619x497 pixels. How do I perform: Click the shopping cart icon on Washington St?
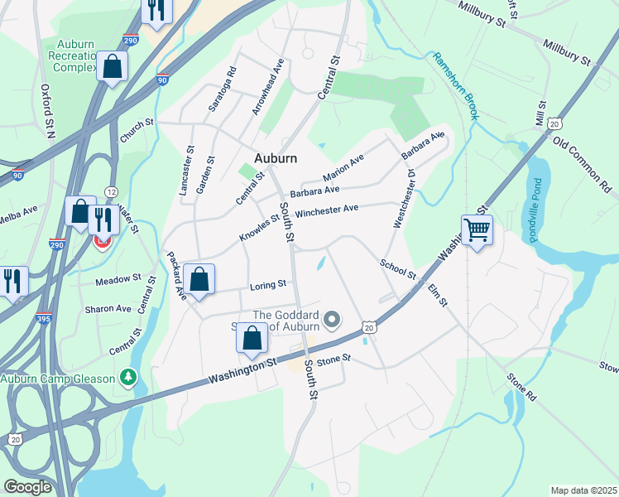[x=477, y=229]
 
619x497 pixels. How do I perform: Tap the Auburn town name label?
[x=275, y=157]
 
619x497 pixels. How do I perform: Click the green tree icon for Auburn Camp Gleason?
[x=127, y=378]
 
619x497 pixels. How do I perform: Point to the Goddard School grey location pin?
[x=332, y=319]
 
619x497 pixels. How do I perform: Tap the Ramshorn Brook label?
[x=454, y=86]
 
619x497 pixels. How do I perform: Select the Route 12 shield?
[x=111, y=191]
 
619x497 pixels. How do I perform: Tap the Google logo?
[x=28, y=486]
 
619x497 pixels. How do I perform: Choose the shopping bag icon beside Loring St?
[x=199, y=279]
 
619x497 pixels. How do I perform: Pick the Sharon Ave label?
[x=108, y=308]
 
